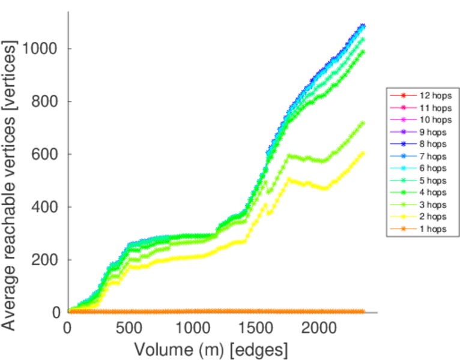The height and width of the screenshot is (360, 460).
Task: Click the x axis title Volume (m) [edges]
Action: [x=211, y=349]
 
